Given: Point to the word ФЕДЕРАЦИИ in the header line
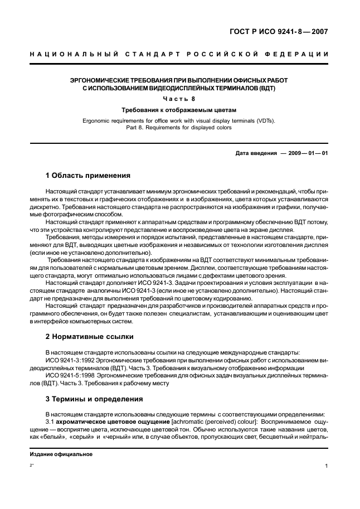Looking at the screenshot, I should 298,54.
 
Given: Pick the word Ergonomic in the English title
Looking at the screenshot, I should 98,120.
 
